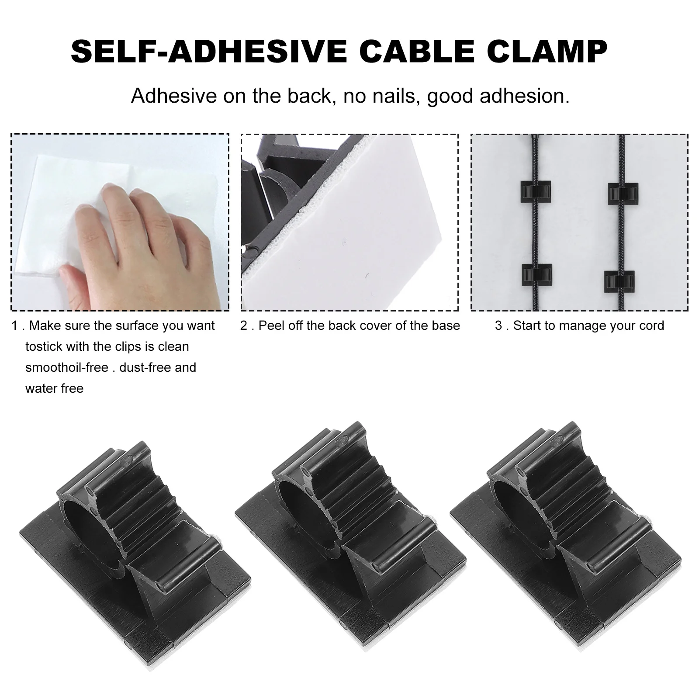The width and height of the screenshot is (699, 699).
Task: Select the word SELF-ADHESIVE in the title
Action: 209,52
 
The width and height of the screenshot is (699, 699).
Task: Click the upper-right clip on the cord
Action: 623,194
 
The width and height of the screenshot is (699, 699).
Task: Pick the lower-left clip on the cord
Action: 536,274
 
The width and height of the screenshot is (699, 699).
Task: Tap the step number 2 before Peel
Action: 244,326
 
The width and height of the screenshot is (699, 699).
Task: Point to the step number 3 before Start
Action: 498,326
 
